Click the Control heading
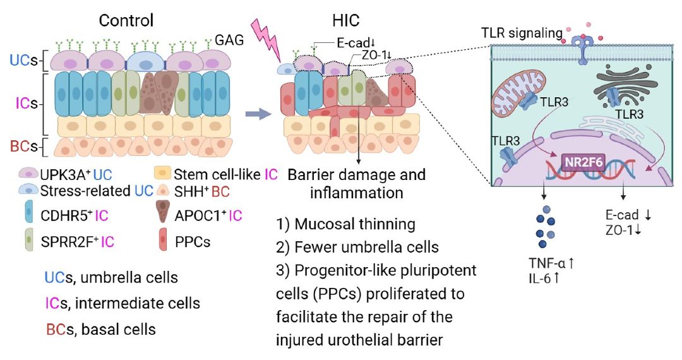(126, 20)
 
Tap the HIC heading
(345, 20)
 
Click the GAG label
(229, 40)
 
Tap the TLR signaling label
(522, 33)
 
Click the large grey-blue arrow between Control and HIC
(258, 114)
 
